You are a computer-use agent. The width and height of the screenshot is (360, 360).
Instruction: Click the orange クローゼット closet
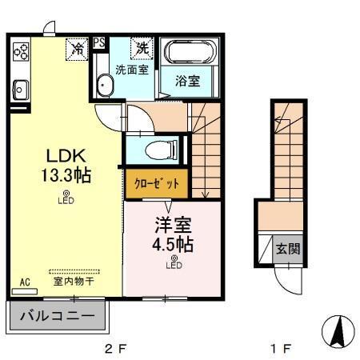tap(157, 183)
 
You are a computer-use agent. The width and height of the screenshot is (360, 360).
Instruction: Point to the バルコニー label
tap(55, 315)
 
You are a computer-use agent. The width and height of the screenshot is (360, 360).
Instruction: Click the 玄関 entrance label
tap(290, 249)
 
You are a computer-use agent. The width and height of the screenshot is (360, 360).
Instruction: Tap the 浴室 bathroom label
tap(187, 81)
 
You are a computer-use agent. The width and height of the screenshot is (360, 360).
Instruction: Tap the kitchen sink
tap(20, 89)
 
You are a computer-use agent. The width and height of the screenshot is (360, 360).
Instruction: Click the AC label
tap(24, 282)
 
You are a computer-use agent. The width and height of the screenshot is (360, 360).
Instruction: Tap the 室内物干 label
tap(74, 282)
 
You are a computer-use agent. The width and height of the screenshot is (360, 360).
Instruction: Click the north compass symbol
tap(338, 330)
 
